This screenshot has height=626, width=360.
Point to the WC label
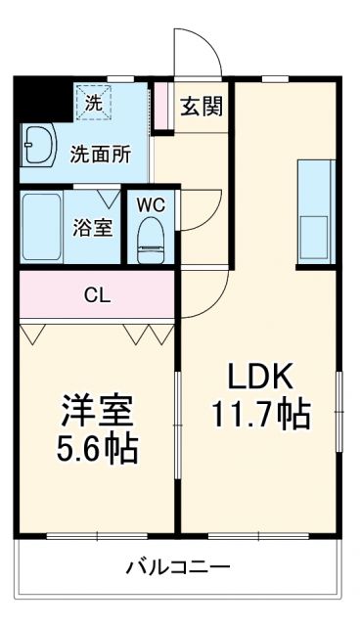[149, 205]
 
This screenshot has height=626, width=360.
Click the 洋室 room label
[96, 410]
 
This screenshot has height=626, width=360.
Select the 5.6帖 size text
[96, 449]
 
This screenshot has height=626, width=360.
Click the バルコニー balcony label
[178, 566]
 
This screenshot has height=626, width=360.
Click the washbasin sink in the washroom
[39, 147]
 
